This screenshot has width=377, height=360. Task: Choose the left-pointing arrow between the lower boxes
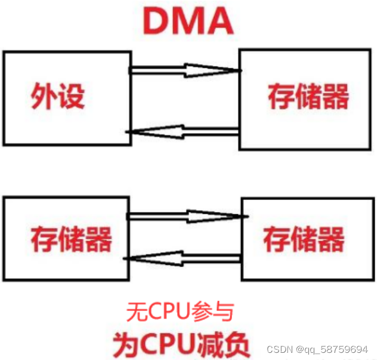185,259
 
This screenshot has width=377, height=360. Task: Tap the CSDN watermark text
277,349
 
